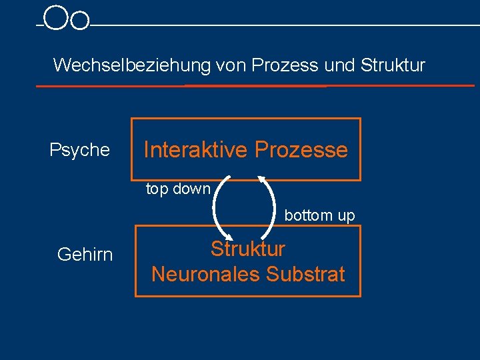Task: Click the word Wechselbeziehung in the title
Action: coord(132,65)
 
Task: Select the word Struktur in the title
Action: coord(393,65)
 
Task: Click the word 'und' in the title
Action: coord(340,65)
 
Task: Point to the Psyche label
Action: coord(79,150)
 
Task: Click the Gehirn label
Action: coord(85,254)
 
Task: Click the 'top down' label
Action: coord(178,189)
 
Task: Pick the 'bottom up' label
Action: coord(320,215)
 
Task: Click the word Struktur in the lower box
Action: coord(248,249)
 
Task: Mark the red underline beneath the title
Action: coord(253,86)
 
